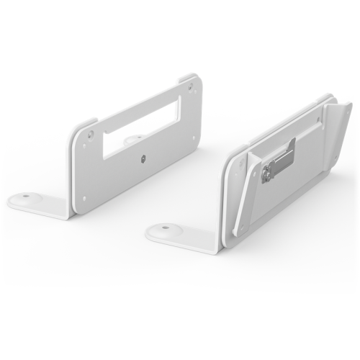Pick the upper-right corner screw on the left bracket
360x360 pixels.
click(190, 89)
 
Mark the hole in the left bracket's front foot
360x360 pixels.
click(27, 196)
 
